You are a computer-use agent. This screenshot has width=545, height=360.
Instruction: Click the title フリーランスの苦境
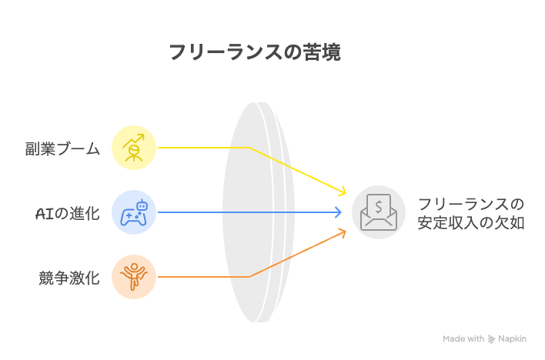click(x=255, y=52)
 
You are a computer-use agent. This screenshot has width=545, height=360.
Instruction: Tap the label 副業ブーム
click(x=62, y=148)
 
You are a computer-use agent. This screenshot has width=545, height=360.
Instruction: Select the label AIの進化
click(x=68, y=213)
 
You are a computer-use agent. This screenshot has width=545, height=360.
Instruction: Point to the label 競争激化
click(x=69, y=278)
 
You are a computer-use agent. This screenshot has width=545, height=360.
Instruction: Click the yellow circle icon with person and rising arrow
click(x=134, y=148)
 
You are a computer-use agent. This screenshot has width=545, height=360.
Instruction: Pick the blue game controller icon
click(x=134, y=212)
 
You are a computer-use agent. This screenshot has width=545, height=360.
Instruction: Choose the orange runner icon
click(x=134, y=277)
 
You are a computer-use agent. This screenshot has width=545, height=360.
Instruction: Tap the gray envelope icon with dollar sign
click(x=379, y=212)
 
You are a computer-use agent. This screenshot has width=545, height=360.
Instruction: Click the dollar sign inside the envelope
click(x=379, y=208)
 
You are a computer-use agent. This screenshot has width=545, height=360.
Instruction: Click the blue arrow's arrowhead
click(x=337, y=212)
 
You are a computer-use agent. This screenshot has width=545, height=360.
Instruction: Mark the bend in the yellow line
click(x=249, y=148)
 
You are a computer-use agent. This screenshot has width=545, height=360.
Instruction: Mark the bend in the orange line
click(x=249, y=277)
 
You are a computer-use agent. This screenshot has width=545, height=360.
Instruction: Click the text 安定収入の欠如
click(x=471, y=223)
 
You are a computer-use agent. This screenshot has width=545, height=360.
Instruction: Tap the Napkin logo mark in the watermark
click(x=491, y=338)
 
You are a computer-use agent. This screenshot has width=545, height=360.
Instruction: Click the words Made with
click(x=463, y=338)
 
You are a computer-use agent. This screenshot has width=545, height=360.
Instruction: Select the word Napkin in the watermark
click(x=513, y=338)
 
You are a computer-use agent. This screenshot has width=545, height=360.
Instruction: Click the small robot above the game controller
click(x=142, y=205)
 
